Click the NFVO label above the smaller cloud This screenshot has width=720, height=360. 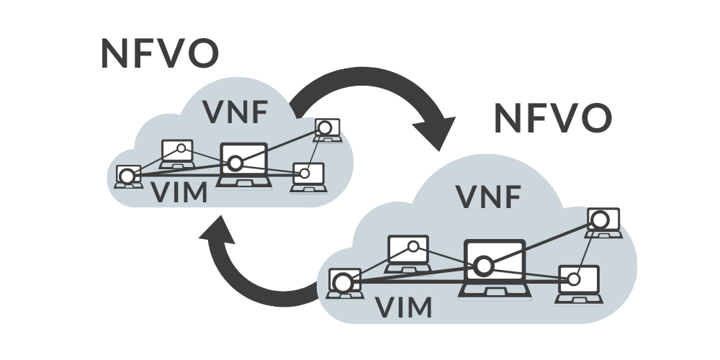point(159,54)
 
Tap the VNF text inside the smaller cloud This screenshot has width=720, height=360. point(235,113)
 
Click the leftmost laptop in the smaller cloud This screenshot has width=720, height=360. point(128,176)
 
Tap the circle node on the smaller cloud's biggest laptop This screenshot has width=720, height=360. point(233,163)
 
